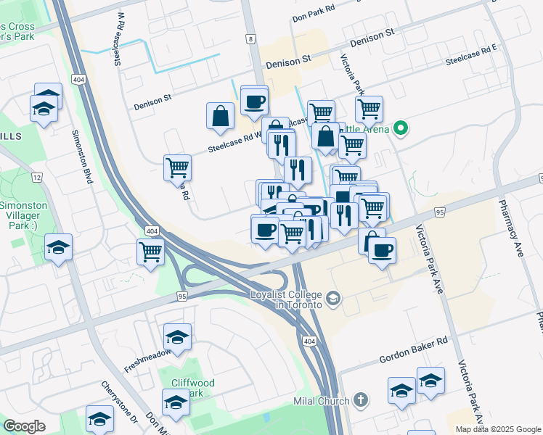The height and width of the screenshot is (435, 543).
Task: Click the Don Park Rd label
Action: click(x=314, y=16)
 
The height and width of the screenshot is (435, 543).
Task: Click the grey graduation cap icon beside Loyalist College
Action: click(x=333, y=298)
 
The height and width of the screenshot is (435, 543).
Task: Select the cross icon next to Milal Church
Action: click(x=362, y=401)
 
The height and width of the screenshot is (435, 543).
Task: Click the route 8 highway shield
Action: click(x=250, y=39)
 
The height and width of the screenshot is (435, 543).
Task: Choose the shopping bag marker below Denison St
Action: click(x=220, y=116)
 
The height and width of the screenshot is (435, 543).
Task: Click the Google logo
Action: click(x=24, y=426)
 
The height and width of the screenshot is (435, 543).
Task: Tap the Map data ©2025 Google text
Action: click(x=498, y=429)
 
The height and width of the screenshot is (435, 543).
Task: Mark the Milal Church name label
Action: click(x=324, y=401)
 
